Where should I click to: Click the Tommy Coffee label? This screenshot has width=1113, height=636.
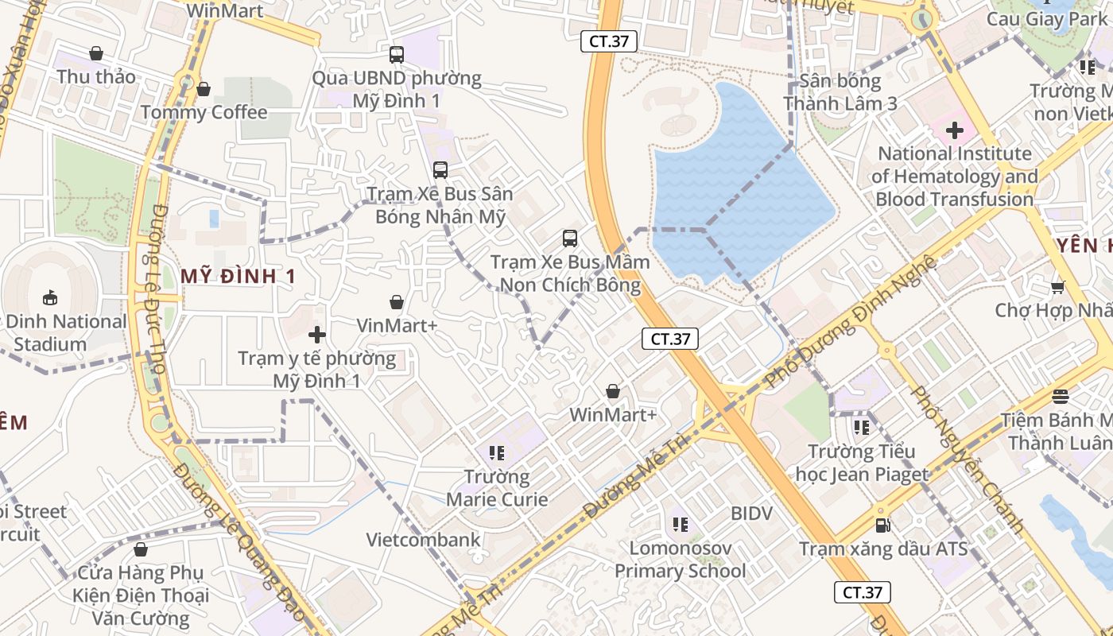[204, 112]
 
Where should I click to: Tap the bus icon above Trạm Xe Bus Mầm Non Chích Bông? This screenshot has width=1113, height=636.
[569, 238]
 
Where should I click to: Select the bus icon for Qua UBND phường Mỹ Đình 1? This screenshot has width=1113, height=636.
[396, 55]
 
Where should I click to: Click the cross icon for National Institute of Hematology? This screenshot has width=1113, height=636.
[954, 130]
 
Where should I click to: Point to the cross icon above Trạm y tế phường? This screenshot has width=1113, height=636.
[317, 335]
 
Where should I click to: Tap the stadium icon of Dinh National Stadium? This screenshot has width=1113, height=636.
[49, 298]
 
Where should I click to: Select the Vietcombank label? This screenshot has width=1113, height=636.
[423, 540]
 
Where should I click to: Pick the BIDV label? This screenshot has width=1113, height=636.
[751, 514]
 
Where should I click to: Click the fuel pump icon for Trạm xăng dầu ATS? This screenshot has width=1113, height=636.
[882, 525]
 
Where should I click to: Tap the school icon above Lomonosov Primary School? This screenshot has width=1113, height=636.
[680, 524]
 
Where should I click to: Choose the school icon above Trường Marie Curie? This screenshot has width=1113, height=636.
[497, 453]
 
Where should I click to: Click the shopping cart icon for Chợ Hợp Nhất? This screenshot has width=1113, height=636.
[1057, 287]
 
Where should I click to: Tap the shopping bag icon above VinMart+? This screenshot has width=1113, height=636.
[396, 302]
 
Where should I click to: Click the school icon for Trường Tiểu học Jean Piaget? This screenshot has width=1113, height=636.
[861, 428]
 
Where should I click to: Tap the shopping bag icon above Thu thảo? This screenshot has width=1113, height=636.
[96, 53]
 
